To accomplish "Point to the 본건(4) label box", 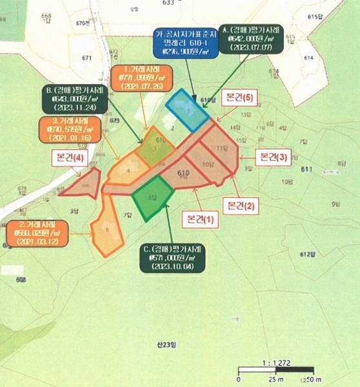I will click(70, 156).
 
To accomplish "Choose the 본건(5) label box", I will click(239, 99).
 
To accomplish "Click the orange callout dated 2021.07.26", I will click(140, 77).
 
